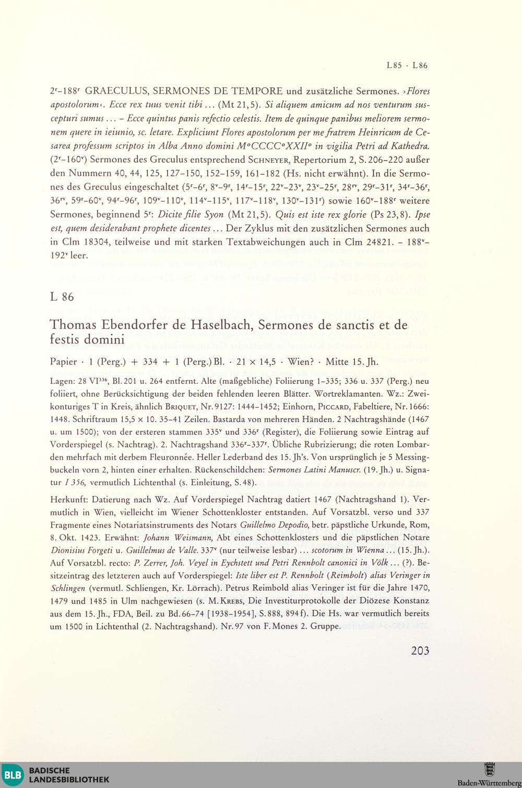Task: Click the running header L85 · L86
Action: pos(407,66)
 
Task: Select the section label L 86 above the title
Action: pos(62,297)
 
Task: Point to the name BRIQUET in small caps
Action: pos(180,404)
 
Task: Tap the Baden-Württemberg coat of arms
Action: pos(490,769)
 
